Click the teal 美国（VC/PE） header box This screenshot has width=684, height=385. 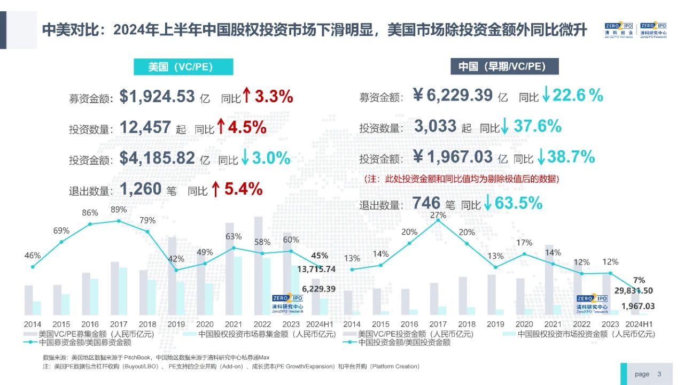pyautogui.click(x=183, y=67)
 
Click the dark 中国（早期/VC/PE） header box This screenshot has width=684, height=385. pyautogui.click(x=502, y=67)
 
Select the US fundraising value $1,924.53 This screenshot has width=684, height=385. pyautogui.click(x=157, y=97)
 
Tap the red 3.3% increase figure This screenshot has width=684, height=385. pyautogui.click(x=274, y=97)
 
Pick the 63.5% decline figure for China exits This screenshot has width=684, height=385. pyautogui.click(x=518, y=204)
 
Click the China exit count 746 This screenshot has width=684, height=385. pyautogui.click(x=426, y=204)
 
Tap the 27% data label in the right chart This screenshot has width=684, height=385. pyautogui.click(x=438, y=215)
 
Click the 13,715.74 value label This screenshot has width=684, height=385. pyautogui.click(x=316, y=269)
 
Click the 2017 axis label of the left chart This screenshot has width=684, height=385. pyautogui.click(x=119, y=324)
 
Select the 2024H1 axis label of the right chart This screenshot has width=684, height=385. pyautogui.click(x=640, y=324)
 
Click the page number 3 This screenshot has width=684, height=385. pyautogui.click(x=659, y=374)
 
